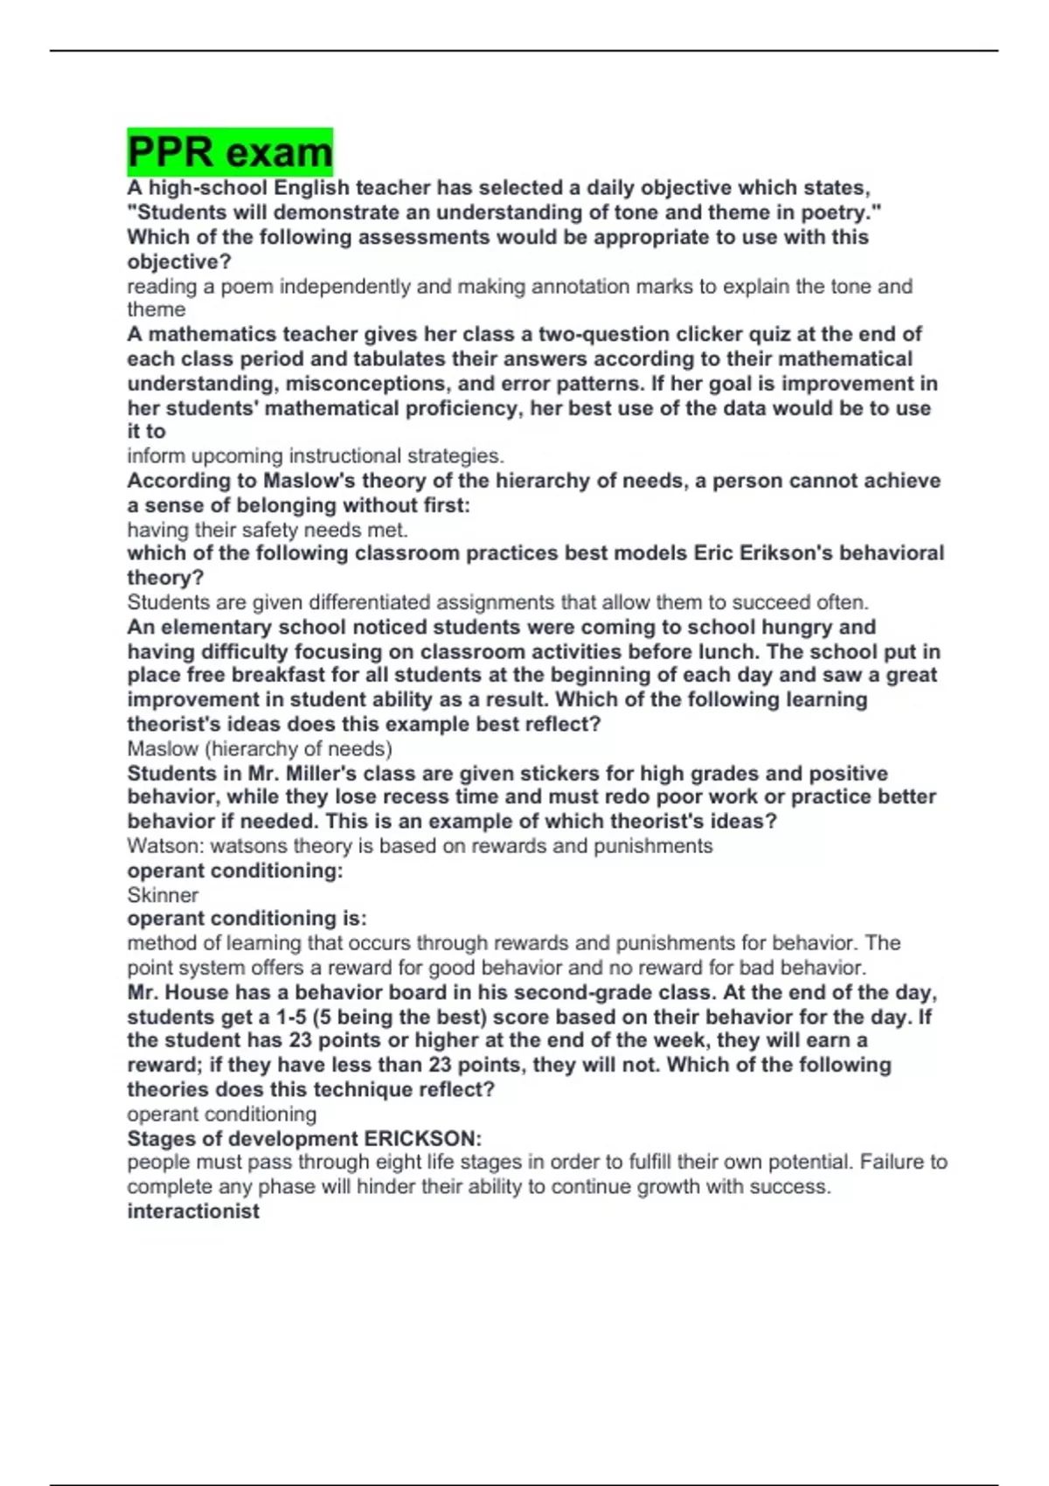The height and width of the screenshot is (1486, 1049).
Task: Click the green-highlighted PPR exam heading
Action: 230,152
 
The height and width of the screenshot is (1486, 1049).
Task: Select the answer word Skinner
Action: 163,895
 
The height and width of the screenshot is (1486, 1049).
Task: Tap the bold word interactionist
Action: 193,1212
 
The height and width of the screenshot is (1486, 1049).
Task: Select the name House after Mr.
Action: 197,993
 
